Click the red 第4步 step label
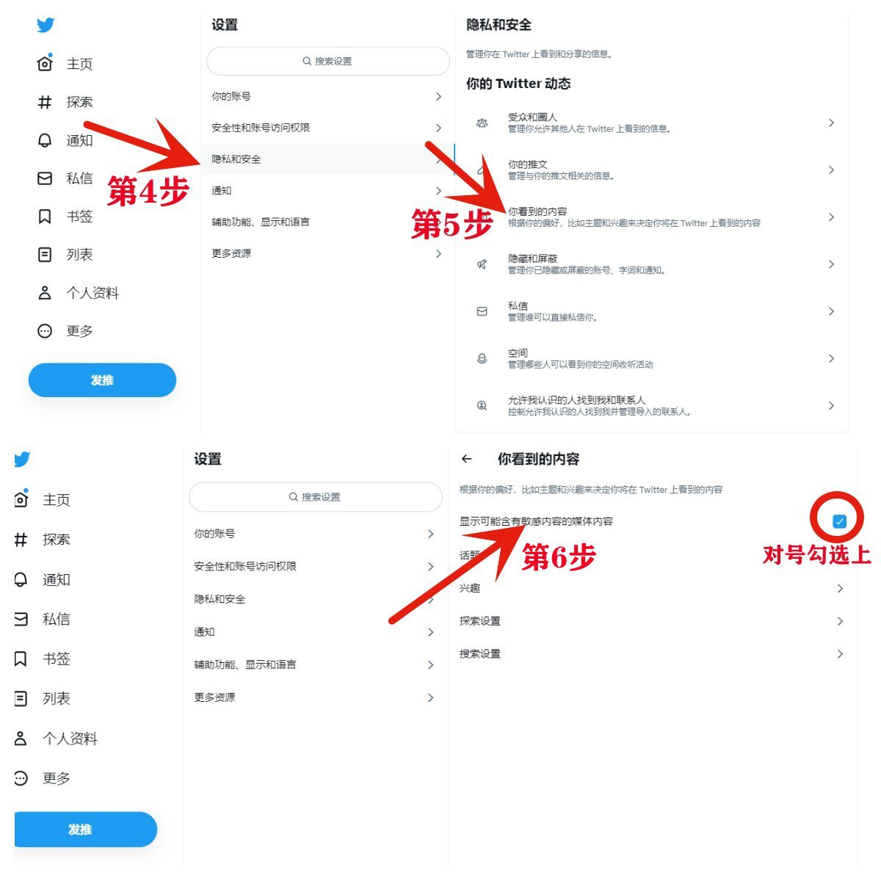coord(148,191)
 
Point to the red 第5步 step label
coord(452,224)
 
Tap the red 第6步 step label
coord(559,556)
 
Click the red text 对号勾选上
coord(816,555)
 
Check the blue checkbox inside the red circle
coord(839,521)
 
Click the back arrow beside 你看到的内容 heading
coord(466,459)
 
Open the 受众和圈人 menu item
coord(532,117)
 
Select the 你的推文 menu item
coord(527,164)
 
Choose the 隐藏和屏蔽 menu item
coord(532,258)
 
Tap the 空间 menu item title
coord(518,353)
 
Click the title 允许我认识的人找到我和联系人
coord(576,400)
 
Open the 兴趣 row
coord(470,588)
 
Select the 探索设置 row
coord(479,621)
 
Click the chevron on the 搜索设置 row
coord(840,654)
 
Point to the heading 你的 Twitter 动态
coord(518,83)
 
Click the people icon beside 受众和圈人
coord(482,123)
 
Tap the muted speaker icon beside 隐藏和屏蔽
coord(482,264)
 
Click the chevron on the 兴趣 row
coord(840,588)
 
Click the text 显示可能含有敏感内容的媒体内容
coord(536,521)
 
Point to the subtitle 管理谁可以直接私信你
coord(552,317)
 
